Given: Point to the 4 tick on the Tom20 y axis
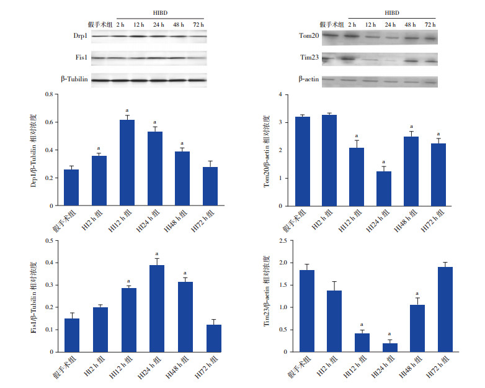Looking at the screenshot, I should click(x=281, y=94).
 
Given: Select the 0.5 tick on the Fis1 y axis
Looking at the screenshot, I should click(x=45, y=240).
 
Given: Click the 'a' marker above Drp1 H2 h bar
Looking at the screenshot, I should click(x=99, y=148).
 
